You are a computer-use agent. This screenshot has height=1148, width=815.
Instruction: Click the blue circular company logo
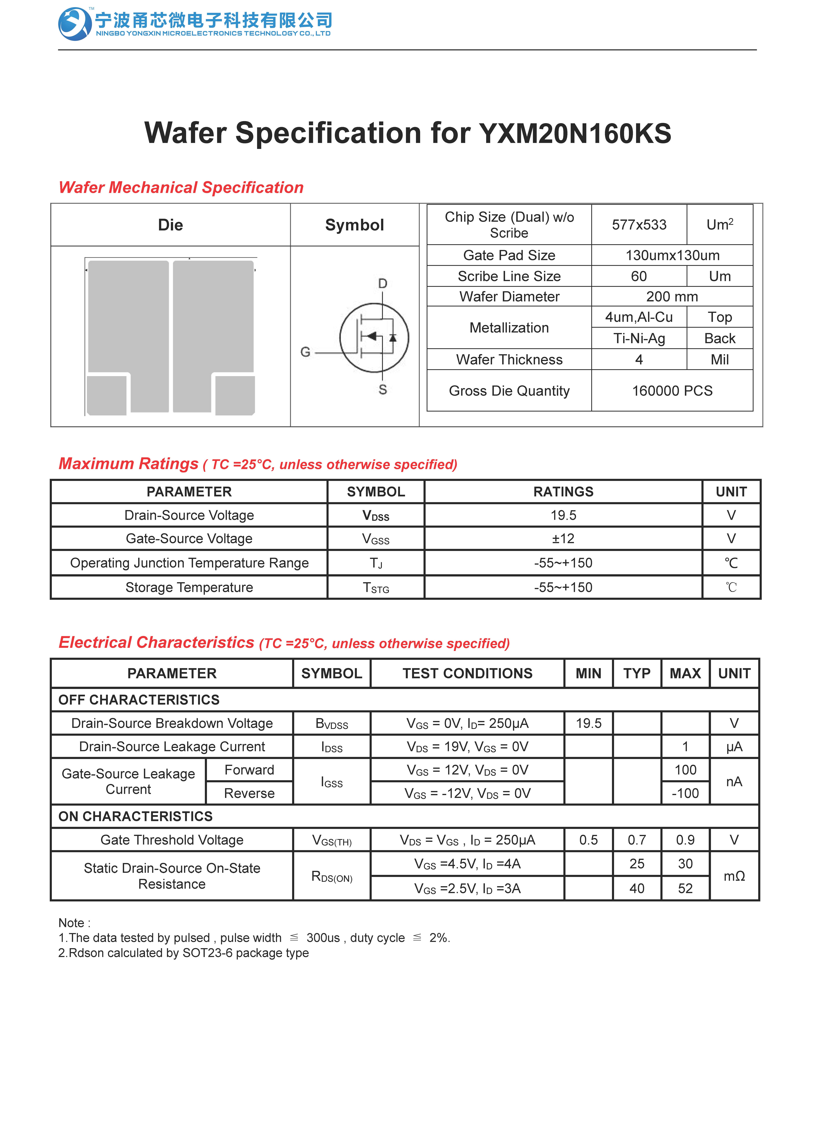(x=74, y=24)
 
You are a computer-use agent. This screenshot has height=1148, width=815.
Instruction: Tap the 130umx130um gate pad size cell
(x=672, y=255)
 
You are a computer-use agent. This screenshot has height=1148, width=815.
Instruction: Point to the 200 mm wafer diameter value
(x=672, y=296)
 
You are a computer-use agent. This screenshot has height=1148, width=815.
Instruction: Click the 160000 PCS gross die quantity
(x=672, y=391)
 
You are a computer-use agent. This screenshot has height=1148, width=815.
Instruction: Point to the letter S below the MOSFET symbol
(x=382, y=390)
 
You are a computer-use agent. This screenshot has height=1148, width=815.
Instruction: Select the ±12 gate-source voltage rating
(x=563, y=539)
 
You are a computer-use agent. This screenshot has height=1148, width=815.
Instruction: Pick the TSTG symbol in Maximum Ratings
(x=376, y=588)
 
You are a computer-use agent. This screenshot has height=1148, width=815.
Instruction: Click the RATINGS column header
(x=563, y=491)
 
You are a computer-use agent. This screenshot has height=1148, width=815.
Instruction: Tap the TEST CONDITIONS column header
(x=467, y=674)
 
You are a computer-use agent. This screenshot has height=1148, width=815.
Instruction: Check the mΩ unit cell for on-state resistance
(x=734, y=876)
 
